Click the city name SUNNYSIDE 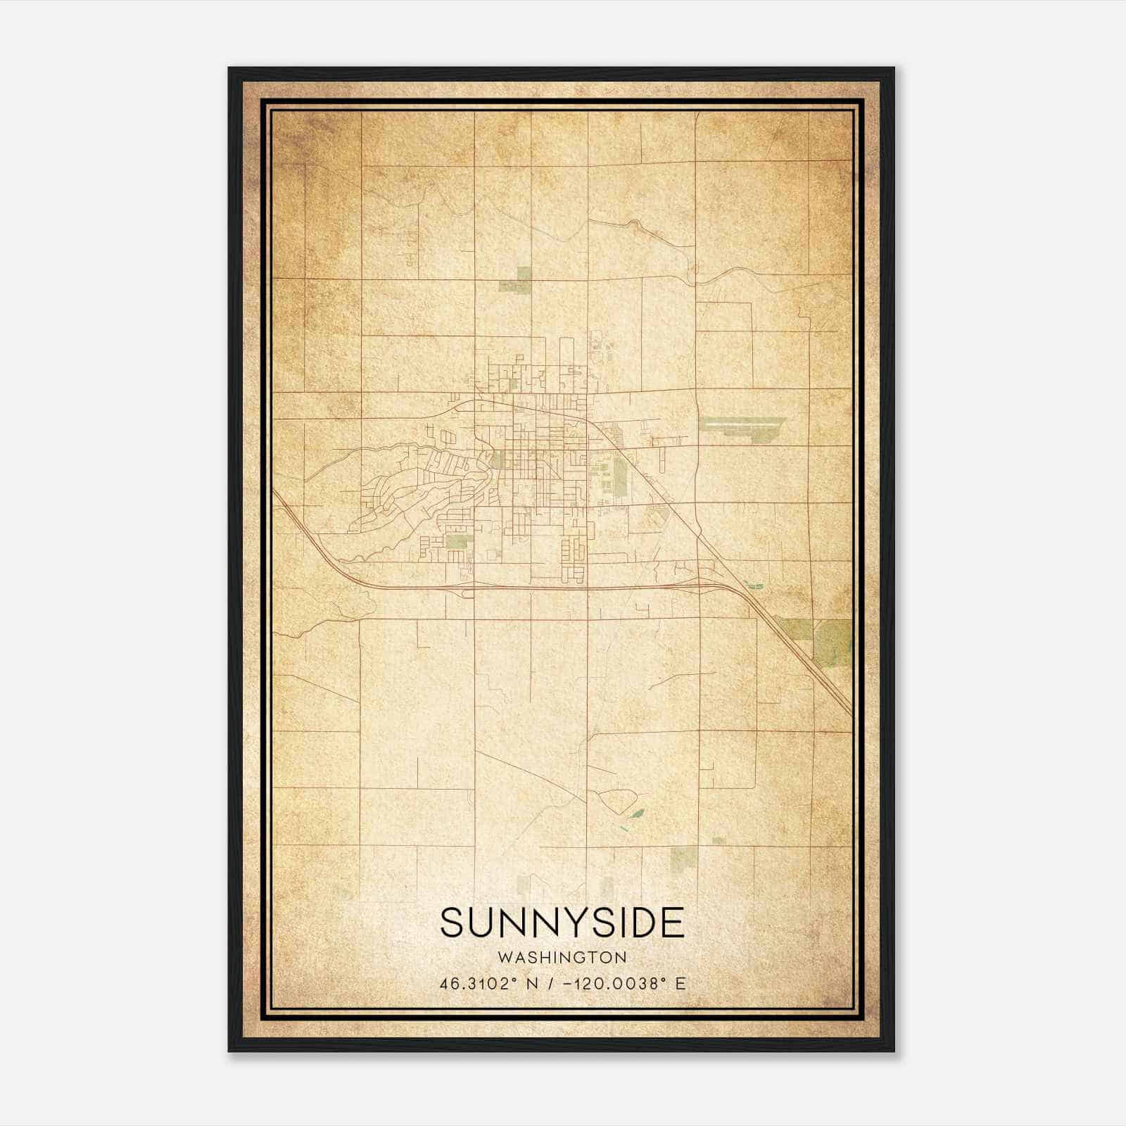[562, 923]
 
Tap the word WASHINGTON [562, 957]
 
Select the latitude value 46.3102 [474, 984]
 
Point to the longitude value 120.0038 [617, 984]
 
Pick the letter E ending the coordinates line [680, 984]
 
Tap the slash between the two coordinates [552, 984]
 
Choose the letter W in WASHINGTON [504, 957]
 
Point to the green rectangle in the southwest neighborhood [457, 541]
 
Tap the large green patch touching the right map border [834, 642]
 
